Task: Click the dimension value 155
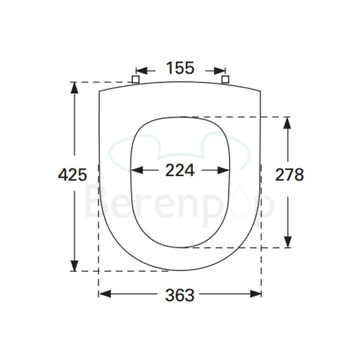pos(180,68)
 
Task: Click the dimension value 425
pos(72,174)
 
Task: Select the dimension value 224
pos(180,170)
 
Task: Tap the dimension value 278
pos(290,174)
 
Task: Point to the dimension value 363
pos(180,295)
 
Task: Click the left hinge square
pos(135,79)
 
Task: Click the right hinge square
pos(226,79)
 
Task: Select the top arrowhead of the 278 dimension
pos(287,122)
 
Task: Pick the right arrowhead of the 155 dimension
pos(220,70)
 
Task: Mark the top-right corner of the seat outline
pos(260,92)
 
